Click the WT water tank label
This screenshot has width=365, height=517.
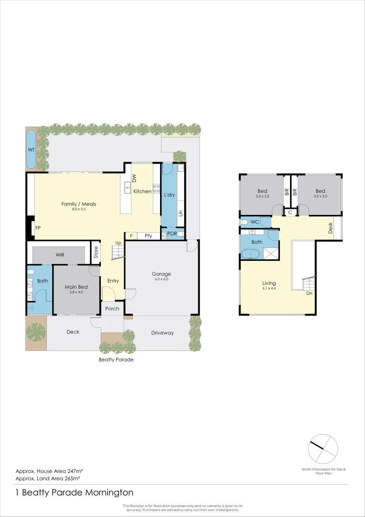point(31,150)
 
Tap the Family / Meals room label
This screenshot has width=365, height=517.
point(79,204)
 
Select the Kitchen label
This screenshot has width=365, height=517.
point(142,191)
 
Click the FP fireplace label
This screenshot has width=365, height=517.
point(38,228)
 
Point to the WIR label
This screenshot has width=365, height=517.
point(60,255)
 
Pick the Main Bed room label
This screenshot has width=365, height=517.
point(76,287)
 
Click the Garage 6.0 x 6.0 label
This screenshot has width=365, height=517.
point(161,274)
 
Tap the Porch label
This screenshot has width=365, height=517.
point(112,309)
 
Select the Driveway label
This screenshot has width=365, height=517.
point(162,333)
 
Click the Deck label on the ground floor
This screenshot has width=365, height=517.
point(73,332)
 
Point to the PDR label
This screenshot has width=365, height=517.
point(172,234)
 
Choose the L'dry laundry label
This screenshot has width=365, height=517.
point(170,196)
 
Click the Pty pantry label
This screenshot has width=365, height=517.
point(149,236)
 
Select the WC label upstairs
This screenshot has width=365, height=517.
point(254,222)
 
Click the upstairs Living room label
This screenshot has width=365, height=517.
point(269,283)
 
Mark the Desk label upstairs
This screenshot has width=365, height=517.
point(331,229)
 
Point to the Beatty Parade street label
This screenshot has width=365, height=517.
point(116,360)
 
